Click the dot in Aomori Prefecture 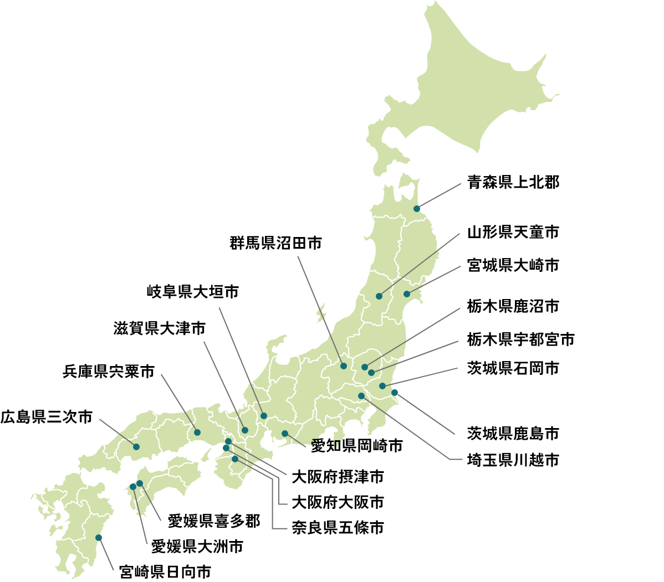(x=417, y=209)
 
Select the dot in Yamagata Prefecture (x=379, y=296)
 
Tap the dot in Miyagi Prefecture (x=407, y=294)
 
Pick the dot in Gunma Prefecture (x=344, y=366)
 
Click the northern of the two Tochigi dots (x=365, y=367)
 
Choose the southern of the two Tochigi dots (x=371, y=373)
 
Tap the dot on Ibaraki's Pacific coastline (x=395, y=393)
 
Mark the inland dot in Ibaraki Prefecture (x=382, y=386)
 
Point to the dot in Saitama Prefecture (x=361, y=396)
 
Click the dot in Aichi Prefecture (x=285, y=434)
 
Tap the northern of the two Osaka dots (x=228, y=441)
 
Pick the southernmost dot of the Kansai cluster (x=235, y=459)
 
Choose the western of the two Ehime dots (x=133, y=487)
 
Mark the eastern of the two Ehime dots (x=140, y=483)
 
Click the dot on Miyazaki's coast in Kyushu (x=99, y=538)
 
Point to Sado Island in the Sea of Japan (x=321, y=315)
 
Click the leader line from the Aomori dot (x=439, y=196)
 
